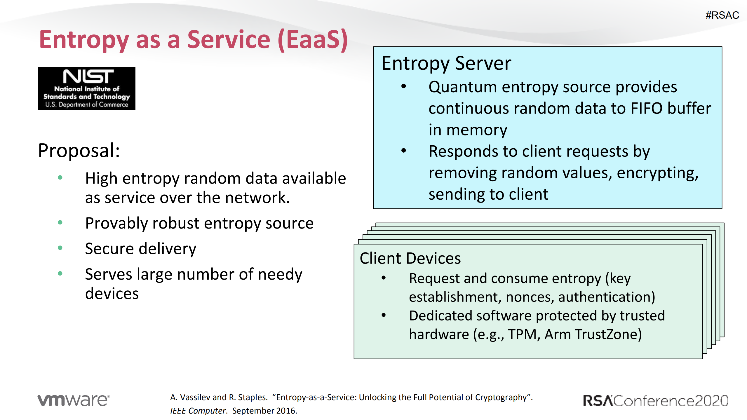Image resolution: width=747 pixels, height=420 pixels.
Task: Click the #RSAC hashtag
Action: [x=722, y=15]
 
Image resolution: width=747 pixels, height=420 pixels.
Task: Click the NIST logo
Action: [x=87, y=88]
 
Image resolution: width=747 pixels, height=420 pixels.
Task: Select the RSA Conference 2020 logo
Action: [x=655, y=401]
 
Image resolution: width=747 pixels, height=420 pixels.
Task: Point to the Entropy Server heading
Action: [x=446, y=63]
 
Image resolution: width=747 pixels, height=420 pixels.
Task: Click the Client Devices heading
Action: [x=410, y=259]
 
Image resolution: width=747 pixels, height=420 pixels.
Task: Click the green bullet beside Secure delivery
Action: [x=60, y=248]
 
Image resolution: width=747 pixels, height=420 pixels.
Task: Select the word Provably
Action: [x=116, y=224]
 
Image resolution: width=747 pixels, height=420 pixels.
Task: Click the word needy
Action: [x=280, y=275]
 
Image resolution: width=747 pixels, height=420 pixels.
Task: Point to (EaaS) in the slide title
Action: [x=313, y=40]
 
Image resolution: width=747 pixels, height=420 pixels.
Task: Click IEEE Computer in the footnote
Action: [x=198, y=411]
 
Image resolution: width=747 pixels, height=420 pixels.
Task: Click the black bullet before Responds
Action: [x=404, y=151]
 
